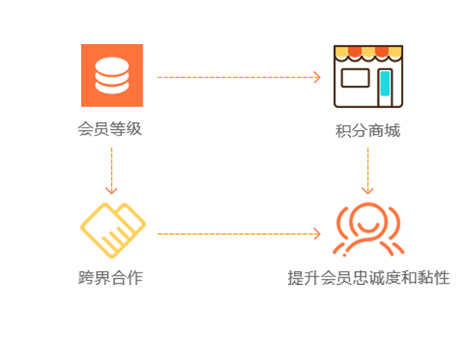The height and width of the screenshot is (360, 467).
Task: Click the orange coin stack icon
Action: [x=112, y=76]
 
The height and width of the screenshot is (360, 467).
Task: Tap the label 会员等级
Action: [x=109, y=129]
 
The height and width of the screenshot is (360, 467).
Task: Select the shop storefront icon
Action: [x=368, y=76]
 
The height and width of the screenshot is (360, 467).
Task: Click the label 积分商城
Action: [x=368, y=131]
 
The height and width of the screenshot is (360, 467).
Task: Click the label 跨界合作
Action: [x=110, y=278]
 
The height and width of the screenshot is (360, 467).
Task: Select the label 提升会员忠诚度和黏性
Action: [x=369, y=278]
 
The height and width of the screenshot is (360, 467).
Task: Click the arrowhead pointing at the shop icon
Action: [x=317, y=77]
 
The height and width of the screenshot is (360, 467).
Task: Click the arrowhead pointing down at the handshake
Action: [x=111, y=191]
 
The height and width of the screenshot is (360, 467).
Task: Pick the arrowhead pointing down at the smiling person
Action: [x=368, y=191]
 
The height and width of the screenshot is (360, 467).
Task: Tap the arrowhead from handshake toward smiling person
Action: [x=317, y=234]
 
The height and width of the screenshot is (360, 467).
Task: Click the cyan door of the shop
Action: [x=385, y=84]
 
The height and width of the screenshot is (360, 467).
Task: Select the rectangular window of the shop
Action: [x=355, y=78]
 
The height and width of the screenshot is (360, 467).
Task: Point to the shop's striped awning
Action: [x=368, y=53]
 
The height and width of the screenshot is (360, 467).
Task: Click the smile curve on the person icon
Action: [x=368, y=228]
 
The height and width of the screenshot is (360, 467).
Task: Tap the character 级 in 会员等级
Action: [x=134, y=129]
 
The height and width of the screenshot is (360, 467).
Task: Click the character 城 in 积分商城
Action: [x=392, y=131]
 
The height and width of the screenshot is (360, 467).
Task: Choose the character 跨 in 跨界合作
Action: [x=86, y=278]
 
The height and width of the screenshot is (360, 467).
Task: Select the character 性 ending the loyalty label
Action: [x=442, y=278]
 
